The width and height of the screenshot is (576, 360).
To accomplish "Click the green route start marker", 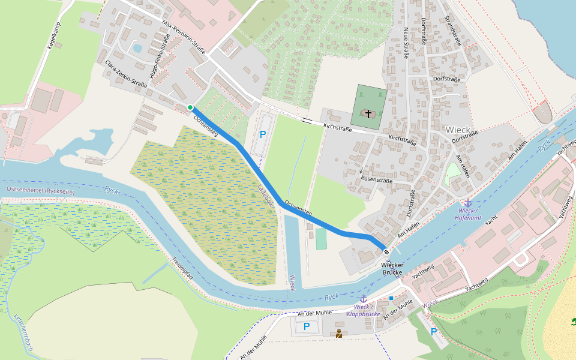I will pos(190,107).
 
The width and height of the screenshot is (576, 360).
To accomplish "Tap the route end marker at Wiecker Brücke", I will pos(386,252).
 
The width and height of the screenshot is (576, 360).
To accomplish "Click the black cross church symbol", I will pos(368,113).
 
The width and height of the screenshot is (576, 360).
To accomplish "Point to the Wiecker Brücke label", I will pos(392,268).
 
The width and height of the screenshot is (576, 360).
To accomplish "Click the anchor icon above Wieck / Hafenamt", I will pos(468,203).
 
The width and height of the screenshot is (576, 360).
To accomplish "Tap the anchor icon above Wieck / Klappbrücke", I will pos(363,298).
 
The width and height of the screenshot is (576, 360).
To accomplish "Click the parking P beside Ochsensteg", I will pos(262,136).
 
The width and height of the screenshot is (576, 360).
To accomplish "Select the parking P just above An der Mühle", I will pos(307,326).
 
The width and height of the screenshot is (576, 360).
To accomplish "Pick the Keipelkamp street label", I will pos(54,36).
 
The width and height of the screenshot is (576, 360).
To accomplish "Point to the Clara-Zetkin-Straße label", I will pos(125,74).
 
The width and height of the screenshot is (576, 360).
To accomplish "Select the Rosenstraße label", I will pos(376,180).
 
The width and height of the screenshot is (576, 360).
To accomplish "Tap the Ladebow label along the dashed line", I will pos(265,196).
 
